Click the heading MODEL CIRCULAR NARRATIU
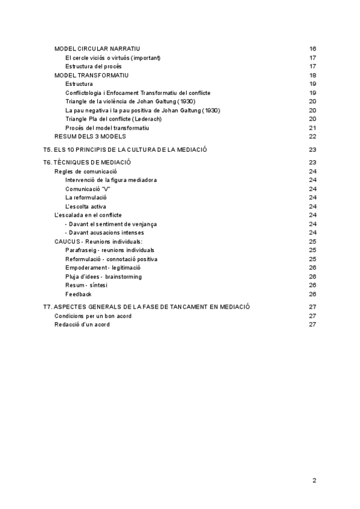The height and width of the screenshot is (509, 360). point(97,49)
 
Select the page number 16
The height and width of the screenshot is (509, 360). point(313,49)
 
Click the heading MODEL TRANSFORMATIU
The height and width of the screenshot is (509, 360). point(91,75)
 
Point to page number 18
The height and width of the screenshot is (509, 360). point(313,75)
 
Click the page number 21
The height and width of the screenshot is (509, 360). point(313,128)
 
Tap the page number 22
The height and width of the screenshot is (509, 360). point(313,136)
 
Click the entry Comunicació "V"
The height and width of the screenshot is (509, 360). point(88,189)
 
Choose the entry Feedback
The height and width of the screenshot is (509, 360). point(79,294)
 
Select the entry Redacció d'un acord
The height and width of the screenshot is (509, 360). point(82,324)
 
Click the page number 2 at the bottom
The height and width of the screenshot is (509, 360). point(314,480)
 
